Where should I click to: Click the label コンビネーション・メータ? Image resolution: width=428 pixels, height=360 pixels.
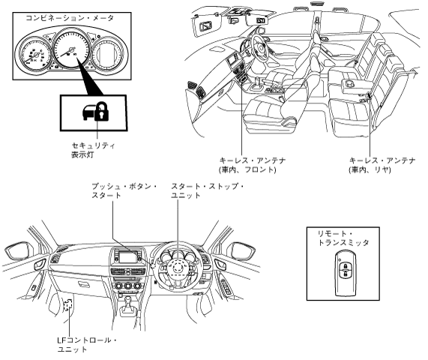[x=70, y=18]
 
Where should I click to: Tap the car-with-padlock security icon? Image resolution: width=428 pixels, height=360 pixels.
[x=96, y=112]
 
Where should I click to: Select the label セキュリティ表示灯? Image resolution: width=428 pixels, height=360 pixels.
[x=93, y=150]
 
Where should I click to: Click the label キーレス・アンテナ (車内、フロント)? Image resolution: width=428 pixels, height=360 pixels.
[x=253, y=165]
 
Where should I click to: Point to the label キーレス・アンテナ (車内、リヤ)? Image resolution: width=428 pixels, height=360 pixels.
[x=382, y=165]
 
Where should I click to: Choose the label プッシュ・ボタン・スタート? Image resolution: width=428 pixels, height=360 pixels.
[x=124, y=190]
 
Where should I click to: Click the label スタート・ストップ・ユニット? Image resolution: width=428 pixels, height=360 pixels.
[x=208, y=190]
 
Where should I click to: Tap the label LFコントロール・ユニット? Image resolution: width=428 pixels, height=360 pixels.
[x=88, y=344]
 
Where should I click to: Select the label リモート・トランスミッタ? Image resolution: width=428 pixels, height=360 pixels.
[x=343, y=238]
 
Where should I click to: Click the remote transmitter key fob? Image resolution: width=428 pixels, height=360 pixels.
[x=346, y=274]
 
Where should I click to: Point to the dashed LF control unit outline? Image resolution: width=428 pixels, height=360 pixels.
[x=68, y=304]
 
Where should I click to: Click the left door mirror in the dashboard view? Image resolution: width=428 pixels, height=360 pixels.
[x=18, y=250]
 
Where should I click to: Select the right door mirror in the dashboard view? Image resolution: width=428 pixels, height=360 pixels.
[x=242, y=250]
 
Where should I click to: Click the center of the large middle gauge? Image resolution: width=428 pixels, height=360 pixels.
[x=71, y=49]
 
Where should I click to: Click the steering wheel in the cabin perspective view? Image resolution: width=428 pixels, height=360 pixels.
[x=259, y=48]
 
